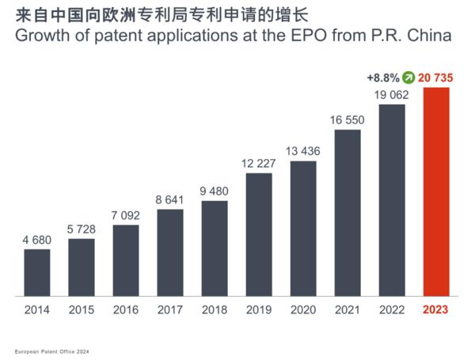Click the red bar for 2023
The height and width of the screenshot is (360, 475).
point(436,191)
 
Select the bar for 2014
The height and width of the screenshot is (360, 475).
point(37,273)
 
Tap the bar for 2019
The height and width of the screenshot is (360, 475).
point(259,234)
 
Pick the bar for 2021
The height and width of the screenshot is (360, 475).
point(348,213)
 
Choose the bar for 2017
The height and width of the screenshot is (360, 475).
point(170,252)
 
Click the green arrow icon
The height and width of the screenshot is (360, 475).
point(408,77)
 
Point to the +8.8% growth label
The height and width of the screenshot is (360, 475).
point(382,78)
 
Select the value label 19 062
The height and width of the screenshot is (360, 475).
point(392,94)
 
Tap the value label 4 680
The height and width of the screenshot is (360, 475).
point(37,239)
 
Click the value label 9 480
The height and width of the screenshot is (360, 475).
point(215,191)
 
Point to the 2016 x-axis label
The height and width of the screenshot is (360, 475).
point(126,309)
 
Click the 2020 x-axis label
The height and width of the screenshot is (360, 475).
point(303,309)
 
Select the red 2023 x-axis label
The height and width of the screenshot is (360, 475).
point(436,309)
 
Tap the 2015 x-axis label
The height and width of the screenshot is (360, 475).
point(82,309)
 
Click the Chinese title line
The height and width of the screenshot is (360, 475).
point(120,13)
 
